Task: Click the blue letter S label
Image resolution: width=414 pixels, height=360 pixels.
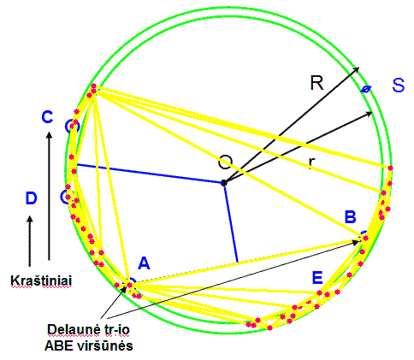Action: click(399, 85)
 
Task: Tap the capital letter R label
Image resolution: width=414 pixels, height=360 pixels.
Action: click(316, 83)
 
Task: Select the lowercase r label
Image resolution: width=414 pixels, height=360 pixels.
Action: click(311, 162)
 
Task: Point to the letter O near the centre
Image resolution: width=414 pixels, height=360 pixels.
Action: click(225, 162)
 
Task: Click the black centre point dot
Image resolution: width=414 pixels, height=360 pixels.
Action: click(224, 183)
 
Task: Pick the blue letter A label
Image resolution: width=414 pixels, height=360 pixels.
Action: click(144, 263)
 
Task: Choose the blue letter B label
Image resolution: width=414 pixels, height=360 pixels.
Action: click(351, 216)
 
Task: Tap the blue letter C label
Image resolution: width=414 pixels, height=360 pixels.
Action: click(47, 117)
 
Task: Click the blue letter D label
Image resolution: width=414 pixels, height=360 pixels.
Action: click(31, 198)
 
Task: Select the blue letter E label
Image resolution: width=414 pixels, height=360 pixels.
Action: click(317, 277)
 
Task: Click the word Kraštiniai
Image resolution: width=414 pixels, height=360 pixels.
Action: click(41, 280)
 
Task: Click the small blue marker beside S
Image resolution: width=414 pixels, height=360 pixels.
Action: click(366, 89)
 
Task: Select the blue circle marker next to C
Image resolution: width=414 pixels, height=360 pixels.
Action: click(71, 127)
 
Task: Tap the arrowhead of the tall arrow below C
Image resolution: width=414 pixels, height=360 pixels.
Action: click(50, 134)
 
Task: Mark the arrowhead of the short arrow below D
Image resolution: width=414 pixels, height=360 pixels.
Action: click(29, 220)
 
